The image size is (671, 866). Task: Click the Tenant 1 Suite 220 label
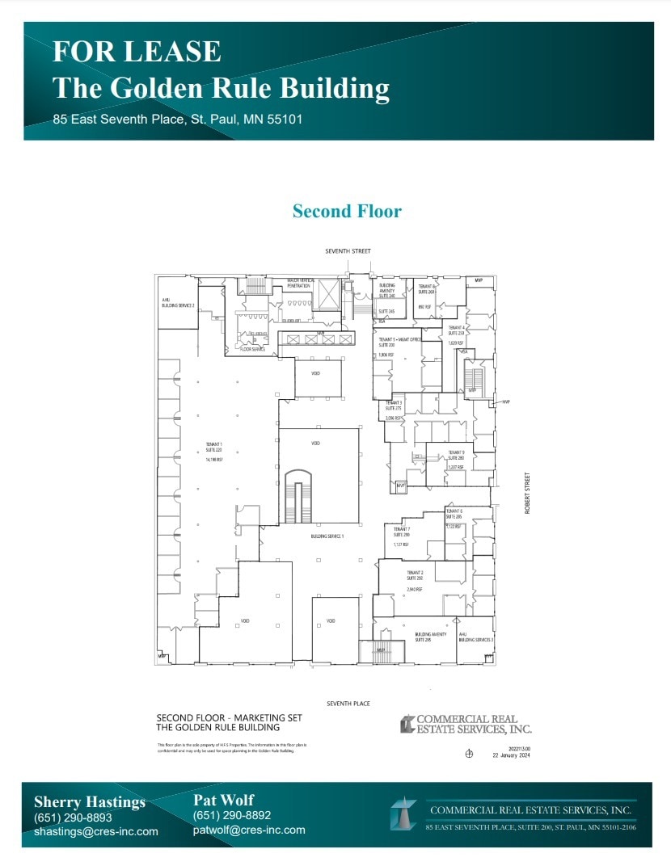214,448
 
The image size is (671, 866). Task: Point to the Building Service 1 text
327,536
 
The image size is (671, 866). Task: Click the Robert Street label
526,494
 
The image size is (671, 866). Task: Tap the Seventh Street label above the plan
348,251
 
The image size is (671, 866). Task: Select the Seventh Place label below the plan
348,704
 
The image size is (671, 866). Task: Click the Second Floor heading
347,212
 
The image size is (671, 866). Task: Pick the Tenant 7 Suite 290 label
402,532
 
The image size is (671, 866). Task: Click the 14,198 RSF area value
214,459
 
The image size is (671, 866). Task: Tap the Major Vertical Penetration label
301,284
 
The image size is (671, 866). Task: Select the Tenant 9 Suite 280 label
457,456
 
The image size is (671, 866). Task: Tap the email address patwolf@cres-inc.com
249,830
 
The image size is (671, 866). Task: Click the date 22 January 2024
511,755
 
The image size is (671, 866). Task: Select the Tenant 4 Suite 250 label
456,330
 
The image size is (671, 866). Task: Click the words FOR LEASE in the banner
137,51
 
